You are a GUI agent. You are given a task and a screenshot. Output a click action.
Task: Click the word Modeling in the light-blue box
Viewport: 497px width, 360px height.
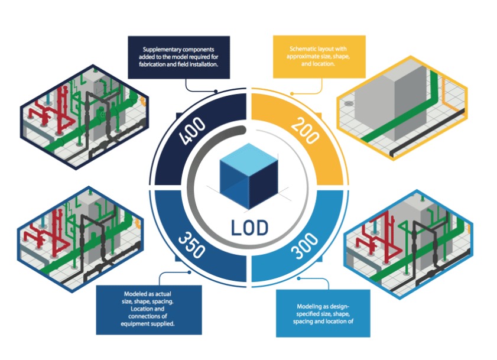coord(312,306)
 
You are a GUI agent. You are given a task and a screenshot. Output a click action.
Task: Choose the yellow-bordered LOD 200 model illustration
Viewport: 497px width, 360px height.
coord(402,109)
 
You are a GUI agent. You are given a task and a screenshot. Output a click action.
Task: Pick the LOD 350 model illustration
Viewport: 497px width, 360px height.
coord(80,233)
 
